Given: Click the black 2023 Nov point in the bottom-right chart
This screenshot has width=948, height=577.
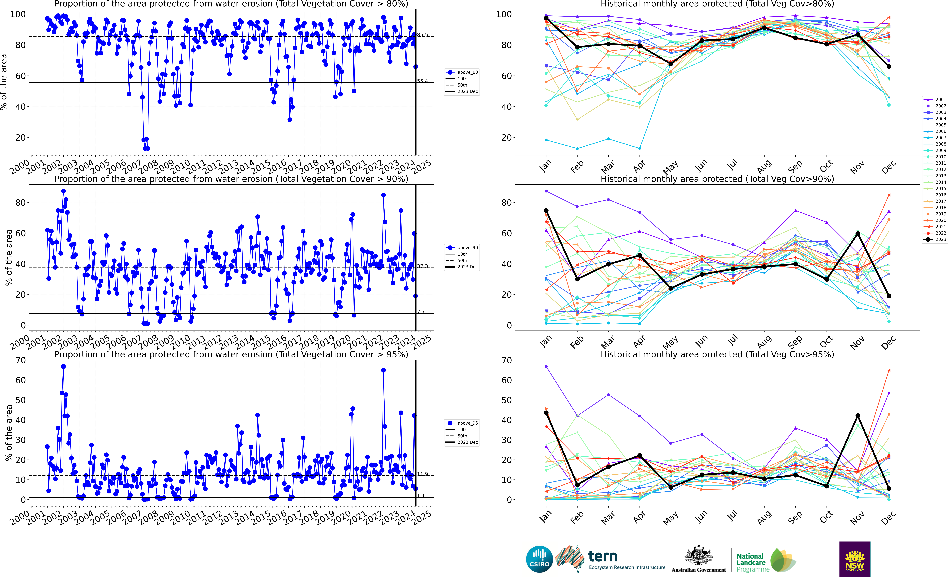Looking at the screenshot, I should coord(858,416).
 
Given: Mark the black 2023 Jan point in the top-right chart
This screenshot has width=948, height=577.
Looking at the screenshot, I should coord(546,18).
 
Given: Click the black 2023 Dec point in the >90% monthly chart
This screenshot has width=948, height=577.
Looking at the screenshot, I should coord(889,296).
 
